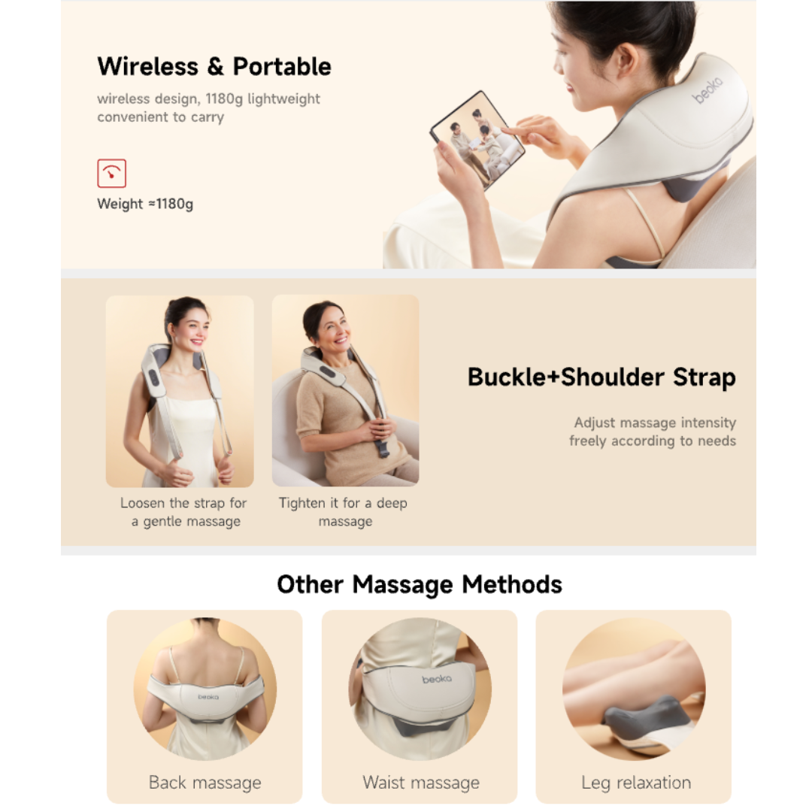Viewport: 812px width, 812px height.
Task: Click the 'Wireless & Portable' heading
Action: coord(214,66)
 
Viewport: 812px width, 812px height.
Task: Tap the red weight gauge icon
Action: coord(111,174)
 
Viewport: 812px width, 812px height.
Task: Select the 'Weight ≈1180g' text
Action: coord(145,204)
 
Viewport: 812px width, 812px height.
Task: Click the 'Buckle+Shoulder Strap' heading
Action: coord(601,377)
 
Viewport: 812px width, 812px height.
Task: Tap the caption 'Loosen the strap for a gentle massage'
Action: coord(184,512)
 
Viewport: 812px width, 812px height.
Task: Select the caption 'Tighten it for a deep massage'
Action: coord(344,512)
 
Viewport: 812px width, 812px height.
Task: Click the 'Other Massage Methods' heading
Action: coord(419,584)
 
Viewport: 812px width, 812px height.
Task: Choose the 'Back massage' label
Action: coord(205,782)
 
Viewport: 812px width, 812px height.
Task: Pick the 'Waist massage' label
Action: coord(420,782)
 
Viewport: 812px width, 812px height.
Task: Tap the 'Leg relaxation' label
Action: coord(635,782)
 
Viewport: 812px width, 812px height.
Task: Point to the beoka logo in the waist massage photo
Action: coord(437,679)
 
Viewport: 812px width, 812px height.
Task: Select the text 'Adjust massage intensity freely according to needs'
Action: coord(652,432)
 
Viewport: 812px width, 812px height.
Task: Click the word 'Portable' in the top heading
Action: coord(282,66)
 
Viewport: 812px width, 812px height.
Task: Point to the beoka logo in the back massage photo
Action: coord(209,696)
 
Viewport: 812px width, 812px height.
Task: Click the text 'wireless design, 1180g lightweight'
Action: coord(208,98)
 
